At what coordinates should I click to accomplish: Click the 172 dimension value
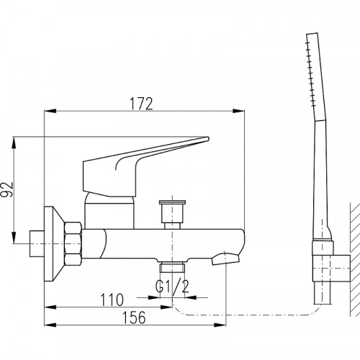[x=141, y=104]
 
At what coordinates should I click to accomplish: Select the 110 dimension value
[x=112, y=300]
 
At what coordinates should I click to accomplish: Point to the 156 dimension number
[x=134, y=318]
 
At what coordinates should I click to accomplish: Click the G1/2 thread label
[x=172, y=287]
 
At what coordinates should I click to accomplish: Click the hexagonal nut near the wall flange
[x=73, y=243]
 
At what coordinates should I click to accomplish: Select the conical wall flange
[x=54, y=243]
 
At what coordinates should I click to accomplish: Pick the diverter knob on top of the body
[x=172, y=214]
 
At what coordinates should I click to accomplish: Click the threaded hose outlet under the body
[x=172, y=268]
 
